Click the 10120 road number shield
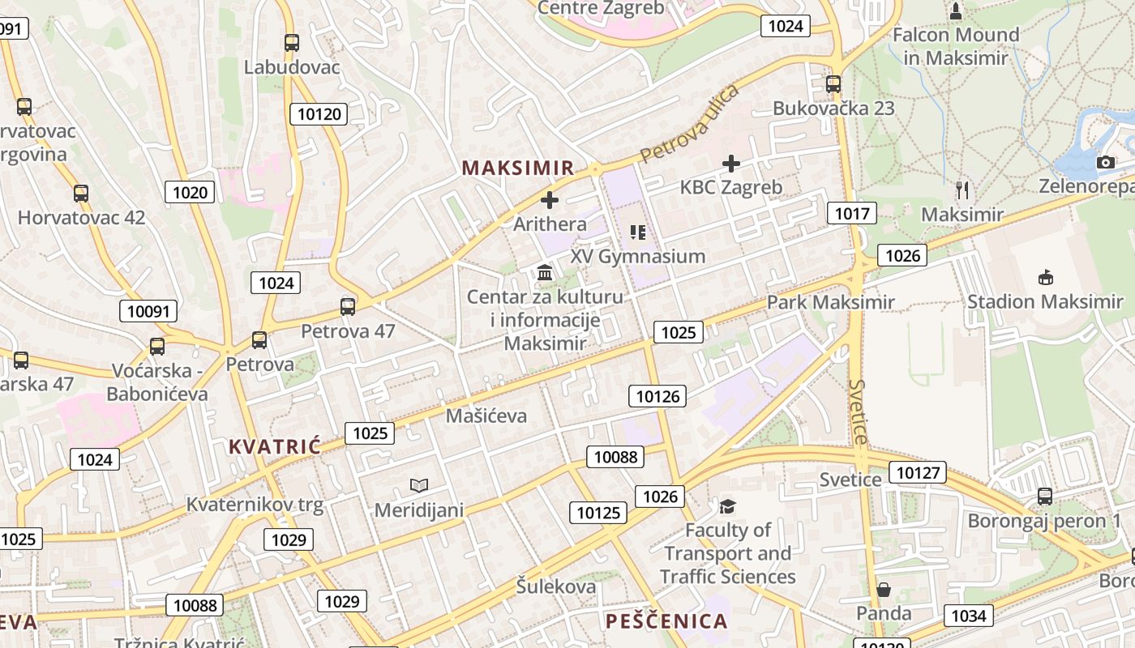point(319,114)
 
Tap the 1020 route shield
point(191,192)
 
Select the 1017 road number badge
point(852,213)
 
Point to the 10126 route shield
point(657,396)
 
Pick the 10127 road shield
point(918,472)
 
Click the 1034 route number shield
point(968,616)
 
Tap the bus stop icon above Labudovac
point(292,43)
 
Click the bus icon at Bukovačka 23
point(833,83)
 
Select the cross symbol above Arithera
point(550,199)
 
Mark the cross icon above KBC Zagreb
point(730,164)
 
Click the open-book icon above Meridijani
point(418,485)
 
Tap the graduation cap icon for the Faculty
point(727,506)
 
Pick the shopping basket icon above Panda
point(883,590)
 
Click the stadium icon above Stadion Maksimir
point(1045,278)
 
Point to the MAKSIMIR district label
point(517,168)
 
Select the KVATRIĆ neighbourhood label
point(275,446)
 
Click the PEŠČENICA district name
point(666,621)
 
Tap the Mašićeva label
point(486,416)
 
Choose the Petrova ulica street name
point(689,123)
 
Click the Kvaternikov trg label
point(255,505)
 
